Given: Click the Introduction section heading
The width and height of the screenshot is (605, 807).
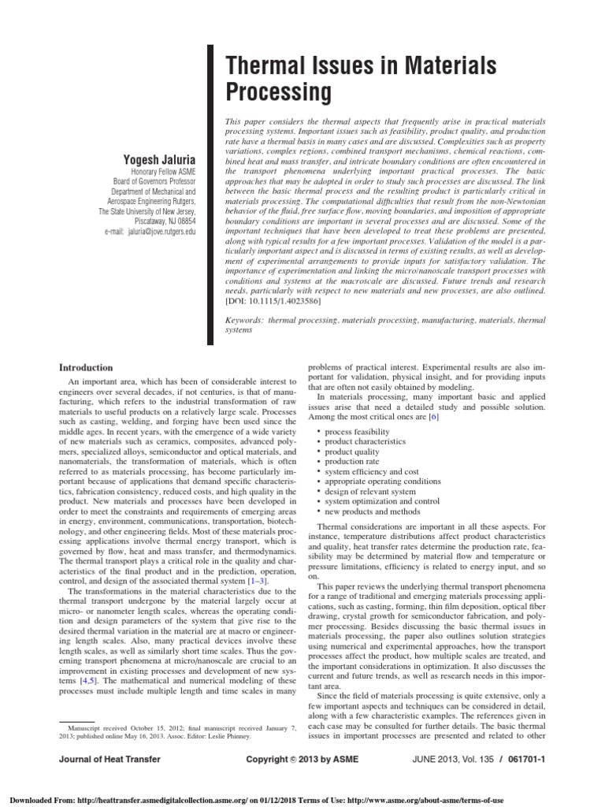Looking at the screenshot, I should click(87, 367).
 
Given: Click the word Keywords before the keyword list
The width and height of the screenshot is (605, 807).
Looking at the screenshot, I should click(244, 322).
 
